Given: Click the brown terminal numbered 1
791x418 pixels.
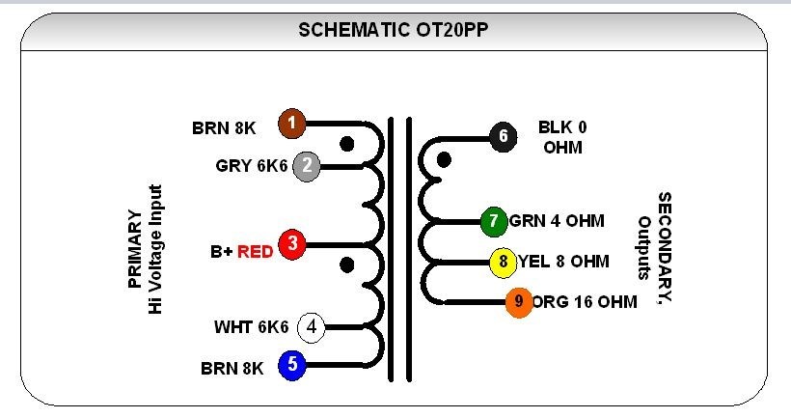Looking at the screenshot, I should click(292, 124).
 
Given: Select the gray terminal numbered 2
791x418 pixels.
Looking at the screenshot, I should click(306, 166).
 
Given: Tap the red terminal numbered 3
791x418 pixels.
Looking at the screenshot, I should click(291, 245).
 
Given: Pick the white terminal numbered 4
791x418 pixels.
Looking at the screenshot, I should click(311, 327).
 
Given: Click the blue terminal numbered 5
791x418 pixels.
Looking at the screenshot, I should click(292, 366).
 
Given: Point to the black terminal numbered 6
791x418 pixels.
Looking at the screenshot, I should click(501, 136).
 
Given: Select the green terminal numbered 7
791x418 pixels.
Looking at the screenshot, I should click(494, 221).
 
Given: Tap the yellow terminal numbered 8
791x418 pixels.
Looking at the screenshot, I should click(503, 261).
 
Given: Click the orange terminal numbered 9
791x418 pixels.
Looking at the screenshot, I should click(519, 302).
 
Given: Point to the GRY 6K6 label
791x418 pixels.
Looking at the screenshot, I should click(252, 166).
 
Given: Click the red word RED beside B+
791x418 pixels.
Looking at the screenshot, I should click(256, 252).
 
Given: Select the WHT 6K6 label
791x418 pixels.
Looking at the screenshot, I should click(251, 327).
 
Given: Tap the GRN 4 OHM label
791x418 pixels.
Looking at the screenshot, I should click(557, 221).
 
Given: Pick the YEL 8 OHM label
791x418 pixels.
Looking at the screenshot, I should click(564, 261).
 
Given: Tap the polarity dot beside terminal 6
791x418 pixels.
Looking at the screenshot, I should click(445, 158).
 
